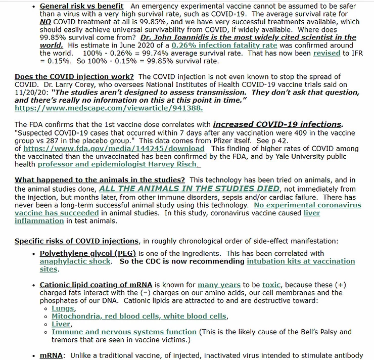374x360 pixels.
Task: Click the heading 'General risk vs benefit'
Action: [81, 6]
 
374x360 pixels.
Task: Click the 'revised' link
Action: [326, 53]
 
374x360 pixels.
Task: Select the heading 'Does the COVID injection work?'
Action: [75, 76]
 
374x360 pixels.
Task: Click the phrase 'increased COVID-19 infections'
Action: [277, 124]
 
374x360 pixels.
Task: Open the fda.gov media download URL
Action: [114, 149]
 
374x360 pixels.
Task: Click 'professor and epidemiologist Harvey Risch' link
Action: [119, 164]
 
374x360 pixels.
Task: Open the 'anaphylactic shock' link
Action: [75, 261]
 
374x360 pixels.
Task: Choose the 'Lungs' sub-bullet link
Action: [63, 308]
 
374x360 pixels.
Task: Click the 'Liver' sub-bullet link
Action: [61, 324]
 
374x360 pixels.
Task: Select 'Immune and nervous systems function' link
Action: [124, 332]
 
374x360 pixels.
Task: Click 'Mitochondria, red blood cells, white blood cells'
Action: [139, 317]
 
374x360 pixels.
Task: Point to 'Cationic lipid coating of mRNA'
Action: [97, 285]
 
